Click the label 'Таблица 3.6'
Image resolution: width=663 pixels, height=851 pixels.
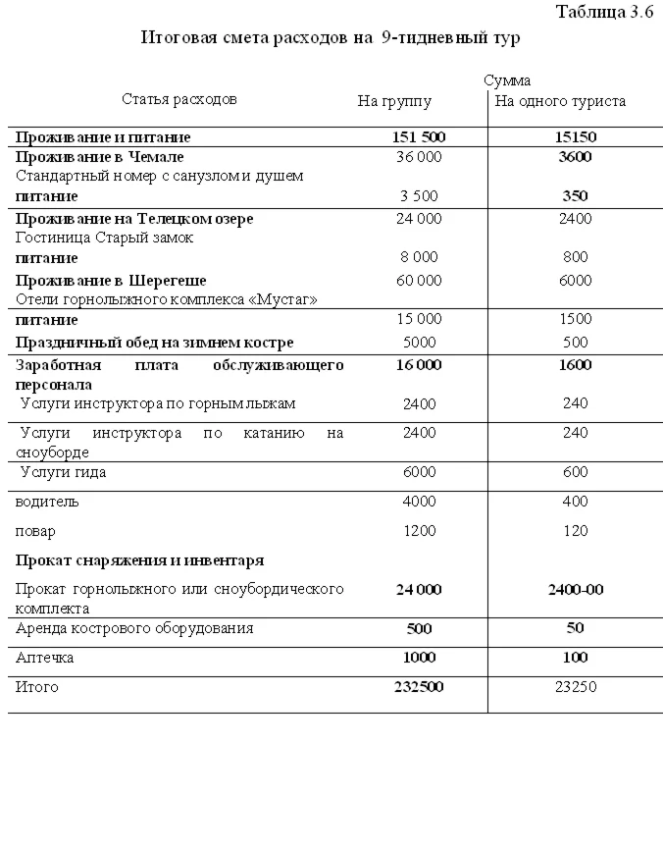[603, 12]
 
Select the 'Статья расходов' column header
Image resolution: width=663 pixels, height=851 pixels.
[179, 99]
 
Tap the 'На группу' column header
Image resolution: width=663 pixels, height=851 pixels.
[393, 100]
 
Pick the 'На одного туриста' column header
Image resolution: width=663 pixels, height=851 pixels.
[560, 100]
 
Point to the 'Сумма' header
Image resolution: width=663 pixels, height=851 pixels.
[506, 80]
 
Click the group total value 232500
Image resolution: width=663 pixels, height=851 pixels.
[418, 687]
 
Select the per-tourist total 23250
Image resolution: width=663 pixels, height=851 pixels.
[575, 687]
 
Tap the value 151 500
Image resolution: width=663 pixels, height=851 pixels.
[418, 137]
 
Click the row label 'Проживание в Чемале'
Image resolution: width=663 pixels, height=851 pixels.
[99, 157]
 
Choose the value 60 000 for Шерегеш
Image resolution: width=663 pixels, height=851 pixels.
[418, 281]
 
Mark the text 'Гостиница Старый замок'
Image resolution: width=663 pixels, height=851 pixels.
[104, 238]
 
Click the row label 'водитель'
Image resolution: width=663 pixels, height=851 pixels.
[47, 502]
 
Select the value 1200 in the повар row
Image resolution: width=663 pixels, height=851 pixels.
[419, 531]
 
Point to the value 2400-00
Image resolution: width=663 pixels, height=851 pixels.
[575, 590]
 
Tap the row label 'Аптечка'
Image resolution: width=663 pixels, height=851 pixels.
[44, 658]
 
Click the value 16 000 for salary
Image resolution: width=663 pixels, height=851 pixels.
[418, 365]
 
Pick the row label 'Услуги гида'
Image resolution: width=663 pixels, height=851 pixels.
[63, 472]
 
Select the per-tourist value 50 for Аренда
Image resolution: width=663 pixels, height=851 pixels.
[575, 628]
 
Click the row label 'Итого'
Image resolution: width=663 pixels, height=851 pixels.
[37, 687]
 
